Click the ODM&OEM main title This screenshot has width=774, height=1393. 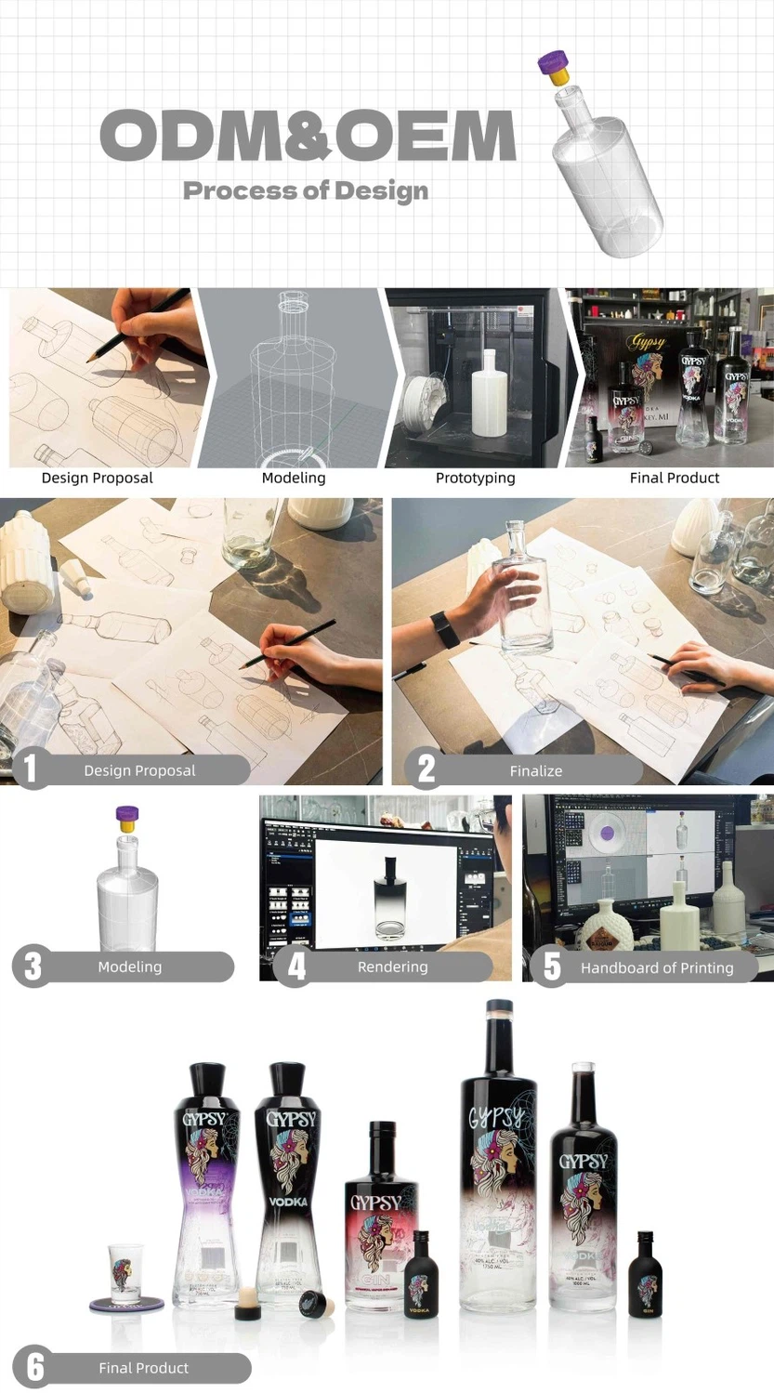click(307, 136)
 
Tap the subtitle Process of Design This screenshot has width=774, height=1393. click(306, 191)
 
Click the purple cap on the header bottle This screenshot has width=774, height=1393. click(553, 63)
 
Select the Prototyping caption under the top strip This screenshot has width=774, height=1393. click(475, 478)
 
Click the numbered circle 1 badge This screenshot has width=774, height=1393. click(31, 769)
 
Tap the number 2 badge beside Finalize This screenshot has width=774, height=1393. click(426, 769)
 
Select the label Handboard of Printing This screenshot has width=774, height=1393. click(656, 967)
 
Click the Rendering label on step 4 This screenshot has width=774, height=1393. click(392, 966)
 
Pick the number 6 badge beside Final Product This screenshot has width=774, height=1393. click(34, 1367)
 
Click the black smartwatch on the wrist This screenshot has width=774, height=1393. click(445, 630)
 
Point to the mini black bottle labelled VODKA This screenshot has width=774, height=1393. click(419, 1274)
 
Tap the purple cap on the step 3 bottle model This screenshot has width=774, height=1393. click(127, 817)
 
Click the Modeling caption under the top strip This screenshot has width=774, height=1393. click(294, 478)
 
